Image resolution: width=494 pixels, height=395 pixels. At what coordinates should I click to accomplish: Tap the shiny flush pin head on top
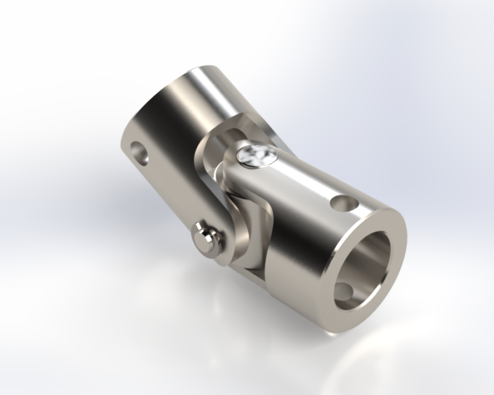[255, 156]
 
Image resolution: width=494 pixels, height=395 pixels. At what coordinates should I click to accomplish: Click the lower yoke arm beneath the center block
[253, 259]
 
